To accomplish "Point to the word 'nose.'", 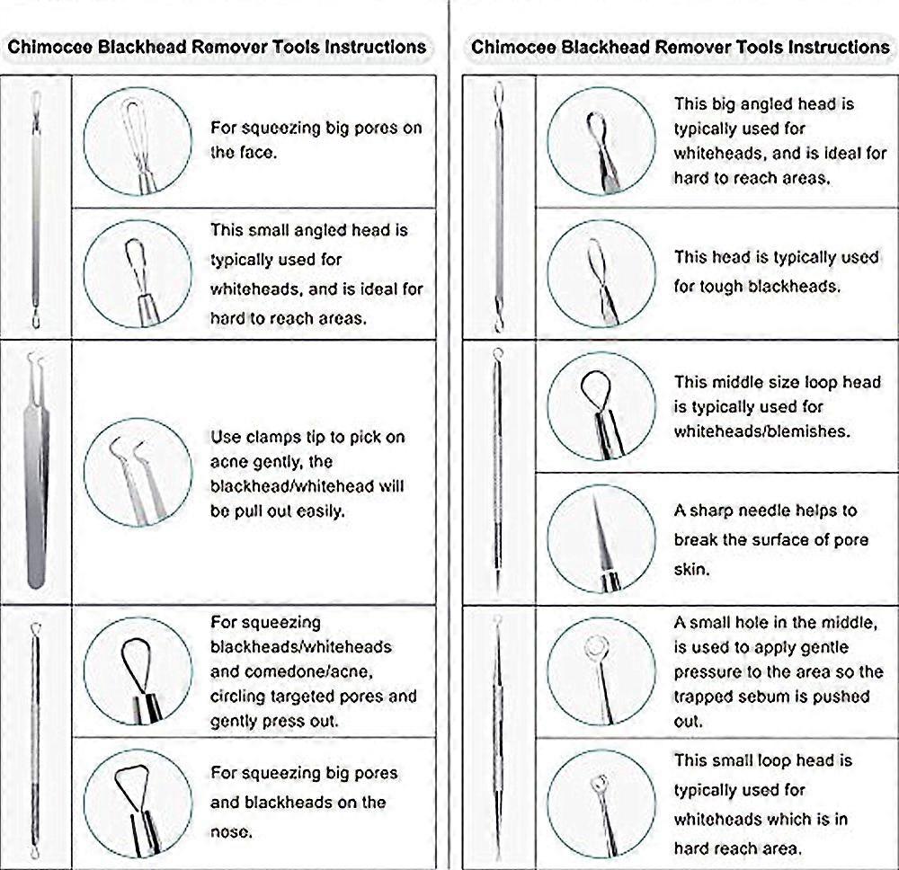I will tap(231, 831).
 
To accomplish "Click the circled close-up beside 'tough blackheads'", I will tap(601, 273).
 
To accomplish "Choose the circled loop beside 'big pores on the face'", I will tap(138, 141).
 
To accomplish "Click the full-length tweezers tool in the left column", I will tap(37, 471).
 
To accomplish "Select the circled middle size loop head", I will tap(601, 406).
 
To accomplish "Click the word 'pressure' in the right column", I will tap(707, 671).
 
